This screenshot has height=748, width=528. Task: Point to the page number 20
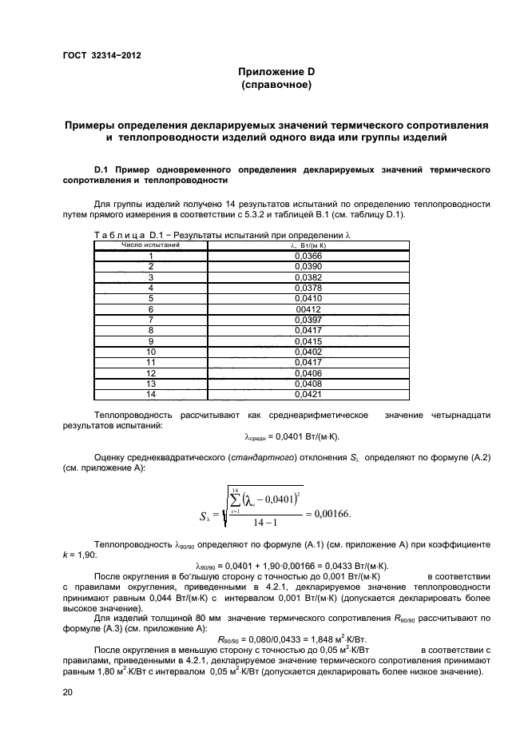coord(68,690)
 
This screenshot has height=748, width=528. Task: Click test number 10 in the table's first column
coord(150,351)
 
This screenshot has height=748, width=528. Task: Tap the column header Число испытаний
coord(150,245)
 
